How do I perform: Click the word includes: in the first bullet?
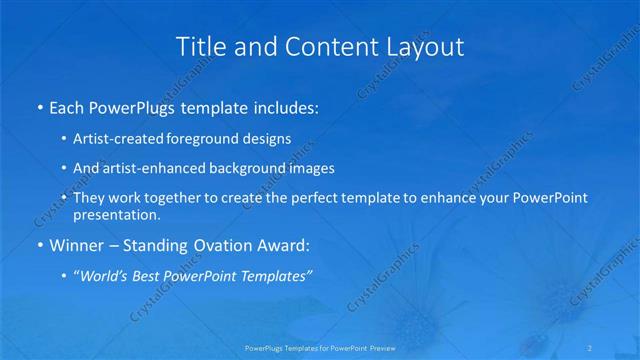[x=285, y=106]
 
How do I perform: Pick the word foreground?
[x=213, y=138]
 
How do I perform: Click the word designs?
[x=270, y=138]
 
